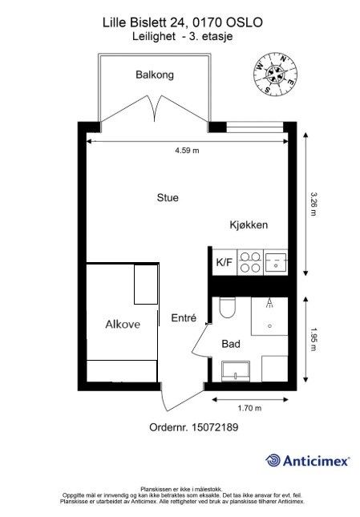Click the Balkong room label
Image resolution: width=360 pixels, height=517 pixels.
click(x=155, y=75)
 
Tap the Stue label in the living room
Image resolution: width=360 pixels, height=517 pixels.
click(x=168, y=198)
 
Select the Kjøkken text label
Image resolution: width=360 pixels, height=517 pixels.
click(x=249, y=225)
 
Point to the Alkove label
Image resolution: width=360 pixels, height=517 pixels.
click(x=123, y=324)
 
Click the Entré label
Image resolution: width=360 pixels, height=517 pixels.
click(x=184, y=317)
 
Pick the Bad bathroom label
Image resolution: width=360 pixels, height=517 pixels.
click(x=231, y=344)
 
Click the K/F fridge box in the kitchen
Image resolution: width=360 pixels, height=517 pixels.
click(x=224, y=262)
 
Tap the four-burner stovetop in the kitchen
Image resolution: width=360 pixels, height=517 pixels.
click(x=250, y=262)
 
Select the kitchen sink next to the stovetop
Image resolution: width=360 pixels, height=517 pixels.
click(x=276, y=262)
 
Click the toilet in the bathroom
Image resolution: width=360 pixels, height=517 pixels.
click(x=227, y=307)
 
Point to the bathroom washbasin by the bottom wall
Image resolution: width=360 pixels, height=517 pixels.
click(x=236, y=371)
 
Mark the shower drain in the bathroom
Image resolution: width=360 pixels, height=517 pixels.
click(x=269, y=326)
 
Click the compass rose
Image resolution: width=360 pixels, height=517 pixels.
click(x=275, y=74)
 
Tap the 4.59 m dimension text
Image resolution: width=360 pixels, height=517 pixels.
click(x=187, y=151)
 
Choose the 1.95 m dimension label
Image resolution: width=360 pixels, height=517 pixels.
click(x=313, y=339)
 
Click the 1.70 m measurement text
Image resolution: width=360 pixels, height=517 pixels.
click(x=249, y=408)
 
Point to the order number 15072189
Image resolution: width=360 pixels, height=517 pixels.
click(x=215, y=427)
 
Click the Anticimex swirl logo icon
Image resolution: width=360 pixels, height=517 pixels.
click(x=273, y=460)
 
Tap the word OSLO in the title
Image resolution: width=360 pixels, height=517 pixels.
click(x=245, y=22)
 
